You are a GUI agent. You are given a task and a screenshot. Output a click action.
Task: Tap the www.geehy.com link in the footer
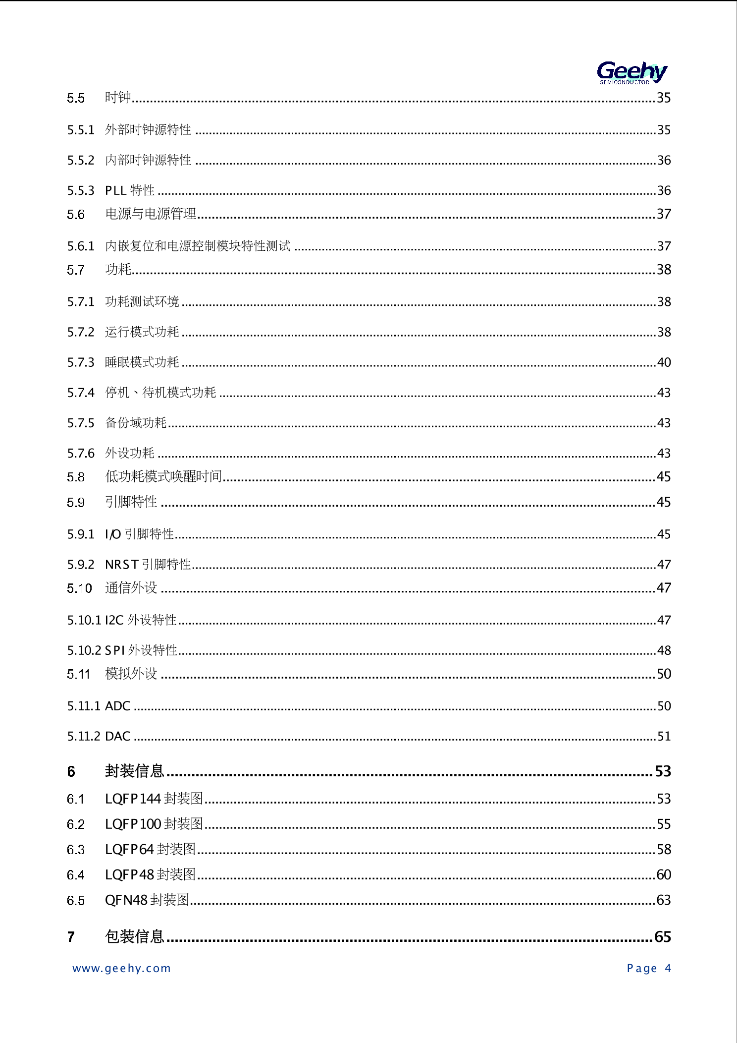121,968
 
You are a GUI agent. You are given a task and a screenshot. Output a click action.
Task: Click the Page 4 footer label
648,968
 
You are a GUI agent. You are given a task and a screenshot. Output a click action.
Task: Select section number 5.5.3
81,190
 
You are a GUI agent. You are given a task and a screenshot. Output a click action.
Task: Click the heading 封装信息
134,771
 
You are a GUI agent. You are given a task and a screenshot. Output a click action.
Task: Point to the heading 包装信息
134,936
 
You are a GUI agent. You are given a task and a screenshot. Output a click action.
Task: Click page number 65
663,936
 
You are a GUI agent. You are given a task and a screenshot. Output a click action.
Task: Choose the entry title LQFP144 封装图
154,799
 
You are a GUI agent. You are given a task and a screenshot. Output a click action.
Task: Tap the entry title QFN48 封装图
147,900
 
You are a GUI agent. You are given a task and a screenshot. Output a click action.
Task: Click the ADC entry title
118,706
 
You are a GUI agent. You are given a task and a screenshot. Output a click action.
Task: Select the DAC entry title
118,736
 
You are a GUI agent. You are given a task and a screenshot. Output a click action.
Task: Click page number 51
664,736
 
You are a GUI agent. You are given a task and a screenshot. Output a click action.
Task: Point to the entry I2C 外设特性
141,620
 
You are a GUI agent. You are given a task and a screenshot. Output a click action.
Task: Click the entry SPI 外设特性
141,650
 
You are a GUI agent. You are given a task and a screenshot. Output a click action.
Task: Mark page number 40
664,362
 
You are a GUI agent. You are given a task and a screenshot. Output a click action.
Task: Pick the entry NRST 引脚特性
148,565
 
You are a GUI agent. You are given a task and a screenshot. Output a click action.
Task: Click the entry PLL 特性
130,190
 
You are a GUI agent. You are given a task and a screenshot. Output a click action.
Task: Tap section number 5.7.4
81,393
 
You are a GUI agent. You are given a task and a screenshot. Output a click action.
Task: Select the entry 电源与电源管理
151,214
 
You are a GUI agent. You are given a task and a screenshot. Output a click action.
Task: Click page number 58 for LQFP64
664,849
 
